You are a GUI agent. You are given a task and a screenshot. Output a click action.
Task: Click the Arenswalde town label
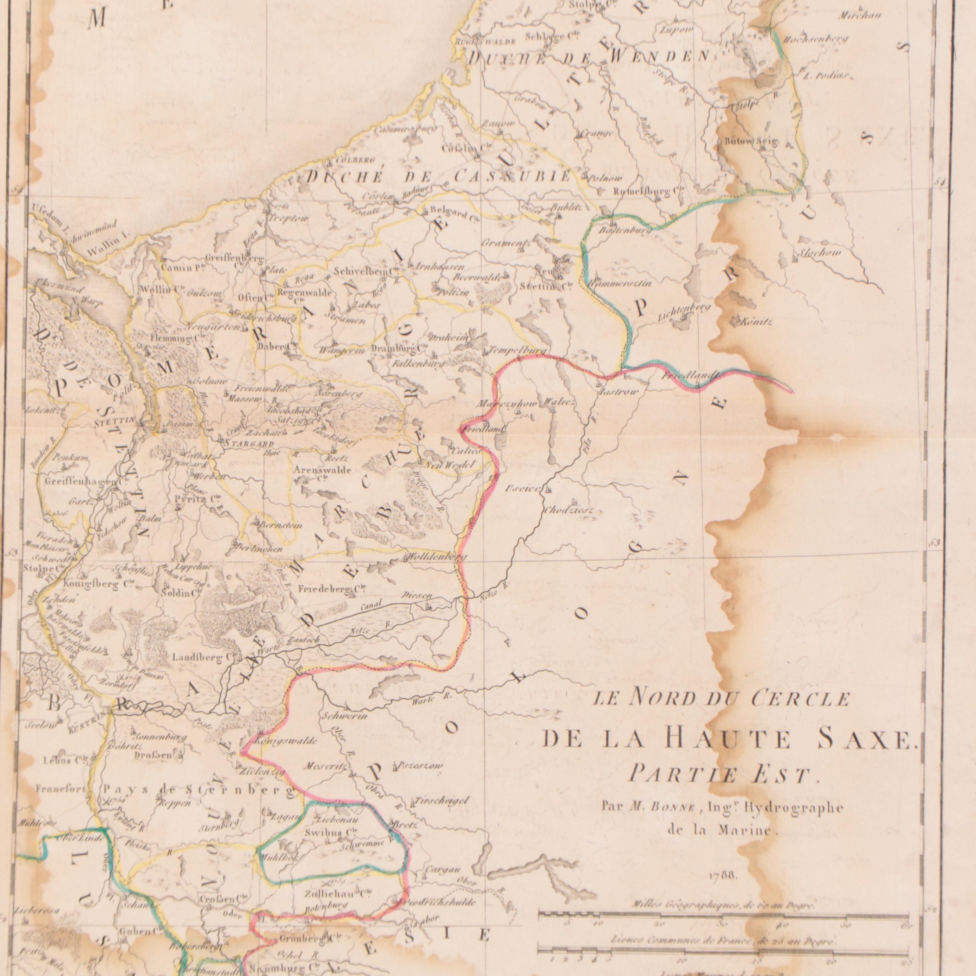(x=322, y=470)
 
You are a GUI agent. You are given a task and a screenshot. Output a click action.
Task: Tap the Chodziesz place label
(x=568, y=511)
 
